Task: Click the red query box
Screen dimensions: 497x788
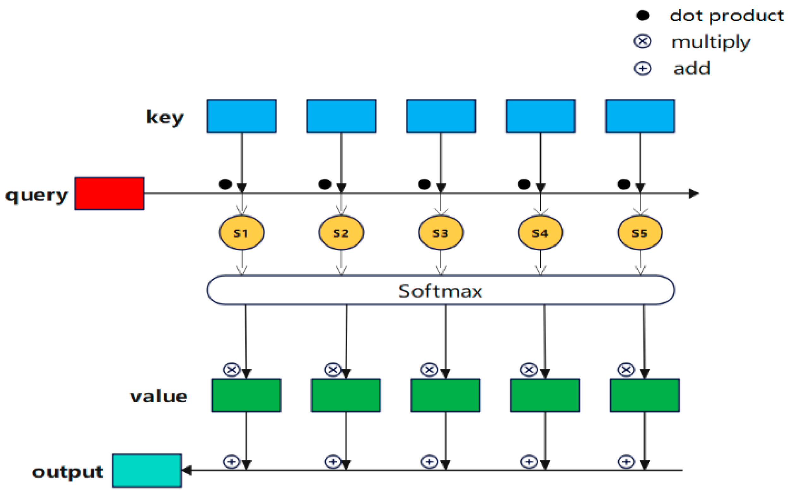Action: click(x=109, y=193)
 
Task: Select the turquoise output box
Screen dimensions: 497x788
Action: click(x=146, y=470)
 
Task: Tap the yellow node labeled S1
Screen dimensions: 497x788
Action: click(x=242, y=233)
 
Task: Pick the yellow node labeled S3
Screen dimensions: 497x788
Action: click(x=440, y=233)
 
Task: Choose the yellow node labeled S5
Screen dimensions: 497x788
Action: click(x=640, y=233)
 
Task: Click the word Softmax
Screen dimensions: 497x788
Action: click(x=440, y=291)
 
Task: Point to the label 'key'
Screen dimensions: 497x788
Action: click(x=164, y=117)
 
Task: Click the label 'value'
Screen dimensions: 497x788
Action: click(x=159, y=397)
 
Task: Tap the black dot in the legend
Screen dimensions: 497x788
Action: click(x=642, y=15)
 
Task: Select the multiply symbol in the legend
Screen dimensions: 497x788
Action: click(x=642, y=42)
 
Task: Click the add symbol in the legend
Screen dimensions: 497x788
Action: click(x=642, y=69)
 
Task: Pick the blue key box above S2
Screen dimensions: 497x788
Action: click(x=341, y=116)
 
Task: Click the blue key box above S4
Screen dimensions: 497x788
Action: click(x=540, y=116)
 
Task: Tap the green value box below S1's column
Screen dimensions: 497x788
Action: click(x=246, y=395)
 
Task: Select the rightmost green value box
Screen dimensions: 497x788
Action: click(x=644, y=395)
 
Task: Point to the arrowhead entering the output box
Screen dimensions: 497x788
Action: click(x=187, y=470)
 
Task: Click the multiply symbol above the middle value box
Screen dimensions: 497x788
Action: click(x=429, y=370)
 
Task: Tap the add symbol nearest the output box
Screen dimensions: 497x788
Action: click(x=231, y=462)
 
